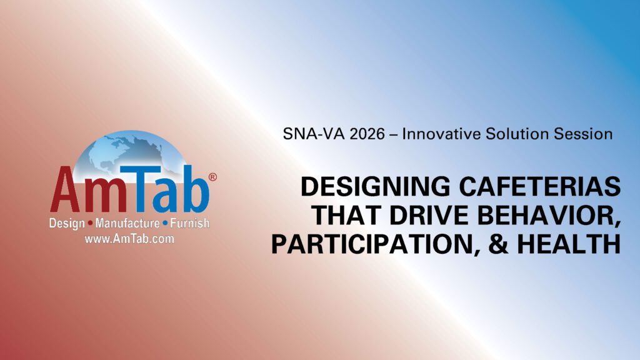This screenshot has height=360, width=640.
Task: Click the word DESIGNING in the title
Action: pos(375,186)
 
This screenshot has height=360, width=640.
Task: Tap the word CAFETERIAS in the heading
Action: pos(540,186)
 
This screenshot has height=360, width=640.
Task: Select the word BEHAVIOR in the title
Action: pos(549,216)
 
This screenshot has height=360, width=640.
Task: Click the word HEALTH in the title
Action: pos(569,244)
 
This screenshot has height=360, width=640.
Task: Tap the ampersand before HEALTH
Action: pos(498,244)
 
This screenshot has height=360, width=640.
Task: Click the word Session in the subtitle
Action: pos(583,134)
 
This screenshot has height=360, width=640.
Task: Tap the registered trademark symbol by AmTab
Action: pos(212,177)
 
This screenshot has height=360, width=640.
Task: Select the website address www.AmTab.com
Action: pos(129,239)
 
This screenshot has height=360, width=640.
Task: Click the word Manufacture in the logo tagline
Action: pos(127,223)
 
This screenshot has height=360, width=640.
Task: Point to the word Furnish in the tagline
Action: pos(190,223)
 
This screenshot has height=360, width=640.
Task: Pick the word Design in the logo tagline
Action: pos(67,224)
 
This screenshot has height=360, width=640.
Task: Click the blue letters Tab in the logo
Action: pos(165,189)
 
